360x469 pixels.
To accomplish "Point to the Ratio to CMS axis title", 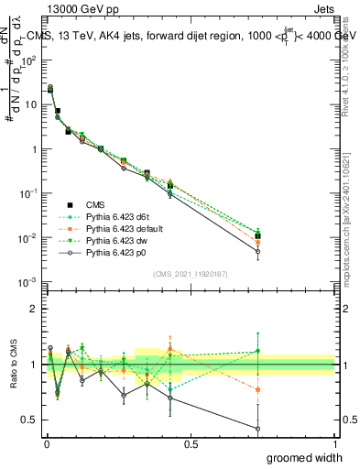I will click(13, 365).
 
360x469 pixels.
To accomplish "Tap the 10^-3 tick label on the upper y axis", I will click(27, 282).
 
